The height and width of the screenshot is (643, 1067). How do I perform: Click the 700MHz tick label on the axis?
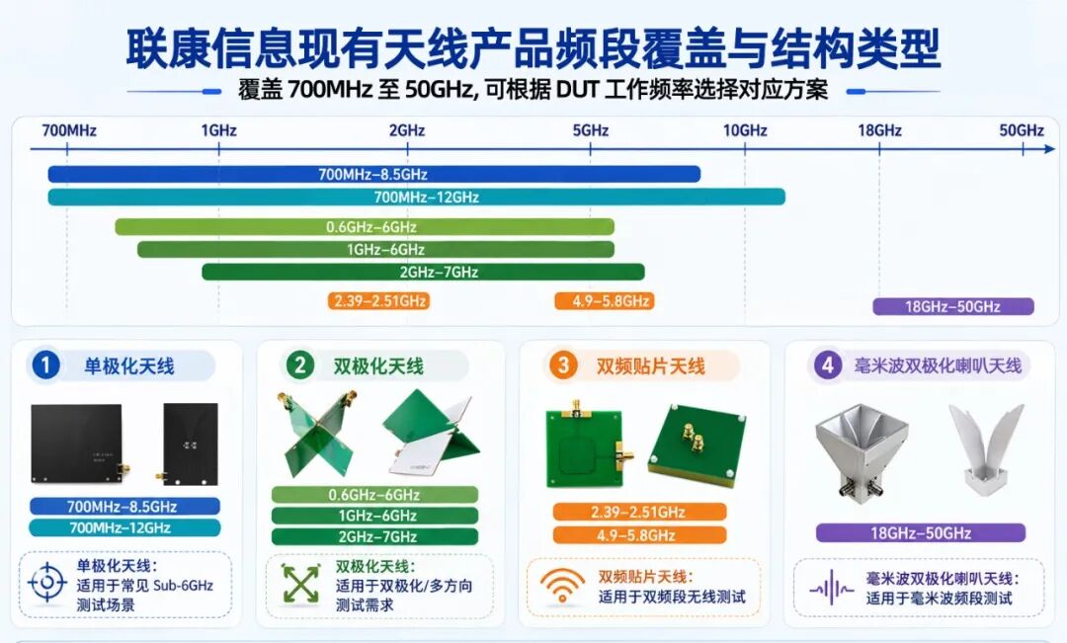(69, 130)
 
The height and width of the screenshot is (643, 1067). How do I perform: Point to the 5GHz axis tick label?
(590, 130)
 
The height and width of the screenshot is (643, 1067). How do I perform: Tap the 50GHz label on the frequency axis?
(1022, 130)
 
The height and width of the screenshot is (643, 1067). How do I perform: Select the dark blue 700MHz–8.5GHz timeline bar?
(374, 174)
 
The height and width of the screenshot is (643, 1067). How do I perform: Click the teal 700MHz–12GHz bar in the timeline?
(417, 198)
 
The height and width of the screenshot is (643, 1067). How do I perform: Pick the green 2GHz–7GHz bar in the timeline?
(423, 273)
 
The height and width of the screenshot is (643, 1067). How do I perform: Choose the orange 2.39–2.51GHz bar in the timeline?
(379, 300)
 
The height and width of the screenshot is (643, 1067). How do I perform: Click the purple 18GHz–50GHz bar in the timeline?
(953, 306)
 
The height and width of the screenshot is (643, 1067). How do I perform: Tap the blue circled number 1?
(44, 366)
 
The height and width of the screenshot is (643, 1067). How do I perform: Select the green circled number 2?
(300, 366)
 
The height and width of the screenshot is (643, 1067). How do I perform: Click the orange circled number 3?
(563, 366)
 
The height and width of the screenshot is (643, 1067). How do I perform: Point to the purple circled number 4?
(828, 366)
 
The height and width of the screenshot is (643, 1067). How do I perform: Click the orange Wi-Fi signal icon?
(562, 585)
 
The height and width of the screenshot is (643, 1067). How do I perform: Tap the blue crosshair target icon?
(47, 583)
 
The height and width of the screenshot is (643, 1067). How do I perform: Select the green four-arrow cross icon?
(300, 584)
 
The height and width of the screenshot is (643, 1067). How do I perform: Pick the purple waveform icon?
(831, 588)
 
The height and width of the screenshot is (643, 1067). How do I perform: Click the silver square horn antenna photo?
(862, 449)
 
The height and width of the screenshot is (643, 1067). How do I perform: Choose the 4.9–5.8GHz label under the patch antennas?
(639, 535)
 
